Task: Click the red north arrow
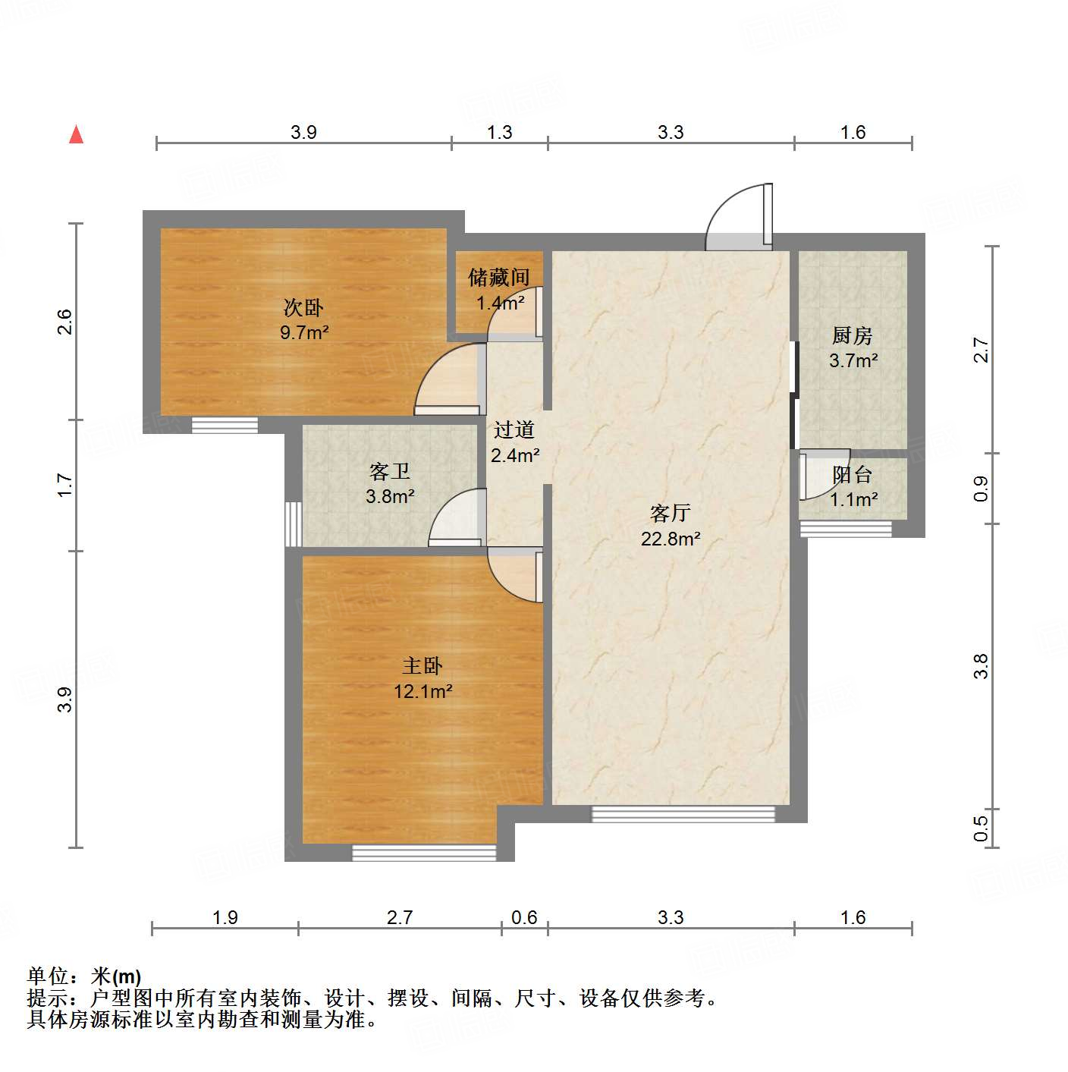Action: (76, 134)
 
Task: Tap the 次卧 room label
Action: (303, 307)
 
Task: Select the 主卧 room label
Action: (422, 666)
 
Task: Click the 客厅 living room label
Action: (670, 514)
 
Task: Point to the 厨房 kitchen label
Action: (853, 335)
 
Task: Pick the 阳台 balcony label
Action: (853, 475)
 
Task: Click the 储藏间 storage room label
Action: (498, 278)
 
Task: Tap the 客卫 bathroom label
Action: (390, 472)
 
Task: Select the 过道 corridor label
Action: (514, 430)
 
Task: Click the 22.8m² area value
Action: (671, 539)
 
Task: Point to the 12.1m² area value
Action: (423, 692)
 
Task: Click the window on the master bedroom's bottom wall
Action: (424, 853)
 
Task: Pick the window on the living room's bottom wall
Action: (683, 814)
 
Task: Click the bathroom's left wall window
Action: (293, 523)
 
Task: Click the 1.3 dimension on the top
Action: (499, 133)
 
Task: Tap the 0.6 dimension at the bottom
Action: (524, 918)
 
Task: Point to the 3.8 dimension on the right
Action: (981, 666)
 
